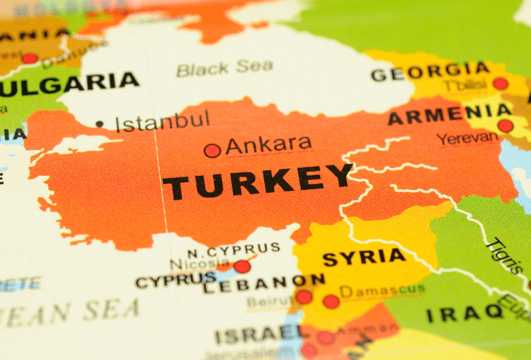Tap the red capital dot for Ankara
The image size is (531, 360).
click(x=212, y=151)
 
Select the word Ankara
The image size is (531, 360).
click(x=268, y=145)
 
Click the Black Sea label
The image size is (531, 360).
click(x=224, y=68)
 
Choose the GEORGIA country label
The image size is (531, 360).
click(x=430, y=72)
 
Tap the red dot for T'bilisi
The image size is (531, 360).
click(x=500, y=84)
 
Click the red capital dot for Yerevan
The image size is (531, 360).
click(x=505, y=126)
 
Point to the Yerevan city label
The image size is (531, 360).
click(x=468, y=138)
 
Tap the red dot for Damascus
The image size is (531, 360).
click(x=331, y=302)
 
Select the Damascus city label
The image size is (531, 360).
click(x=382, y=290)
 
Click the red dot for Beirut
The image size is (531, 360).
click(x=303, y=297)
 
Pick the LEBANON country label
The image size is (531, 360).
click(x=264, y=283)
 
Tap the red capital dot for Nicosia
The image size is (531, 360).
click(x=242, y=266)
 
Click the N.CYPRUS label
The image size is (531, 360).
click(x=233, y=249)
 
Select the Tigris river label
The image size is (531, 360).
click(x=503, y=256)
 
